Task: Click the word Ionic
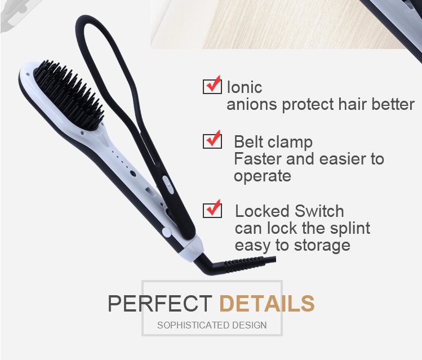[245, 87]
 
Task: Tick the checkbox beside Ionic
[212, 86]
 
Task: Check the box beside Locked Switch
[212, 210]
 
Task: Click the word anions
[252, 104]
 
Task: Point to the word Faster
[258, 159]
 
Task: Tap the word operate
[263, 176]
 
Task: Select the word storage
[322, 246]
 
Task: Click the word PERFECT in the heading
[160, 303]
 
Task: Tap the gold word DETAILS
[267, 303]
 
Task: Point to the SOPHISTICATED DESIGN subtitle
[212, 325]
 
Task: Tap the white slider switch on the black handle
[167, 185]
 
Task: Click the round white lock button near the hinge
[167, 232]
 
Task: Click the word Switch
[319, 211]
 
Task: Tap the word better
[393, 104]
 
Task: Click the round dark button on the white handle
[132, 174]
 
